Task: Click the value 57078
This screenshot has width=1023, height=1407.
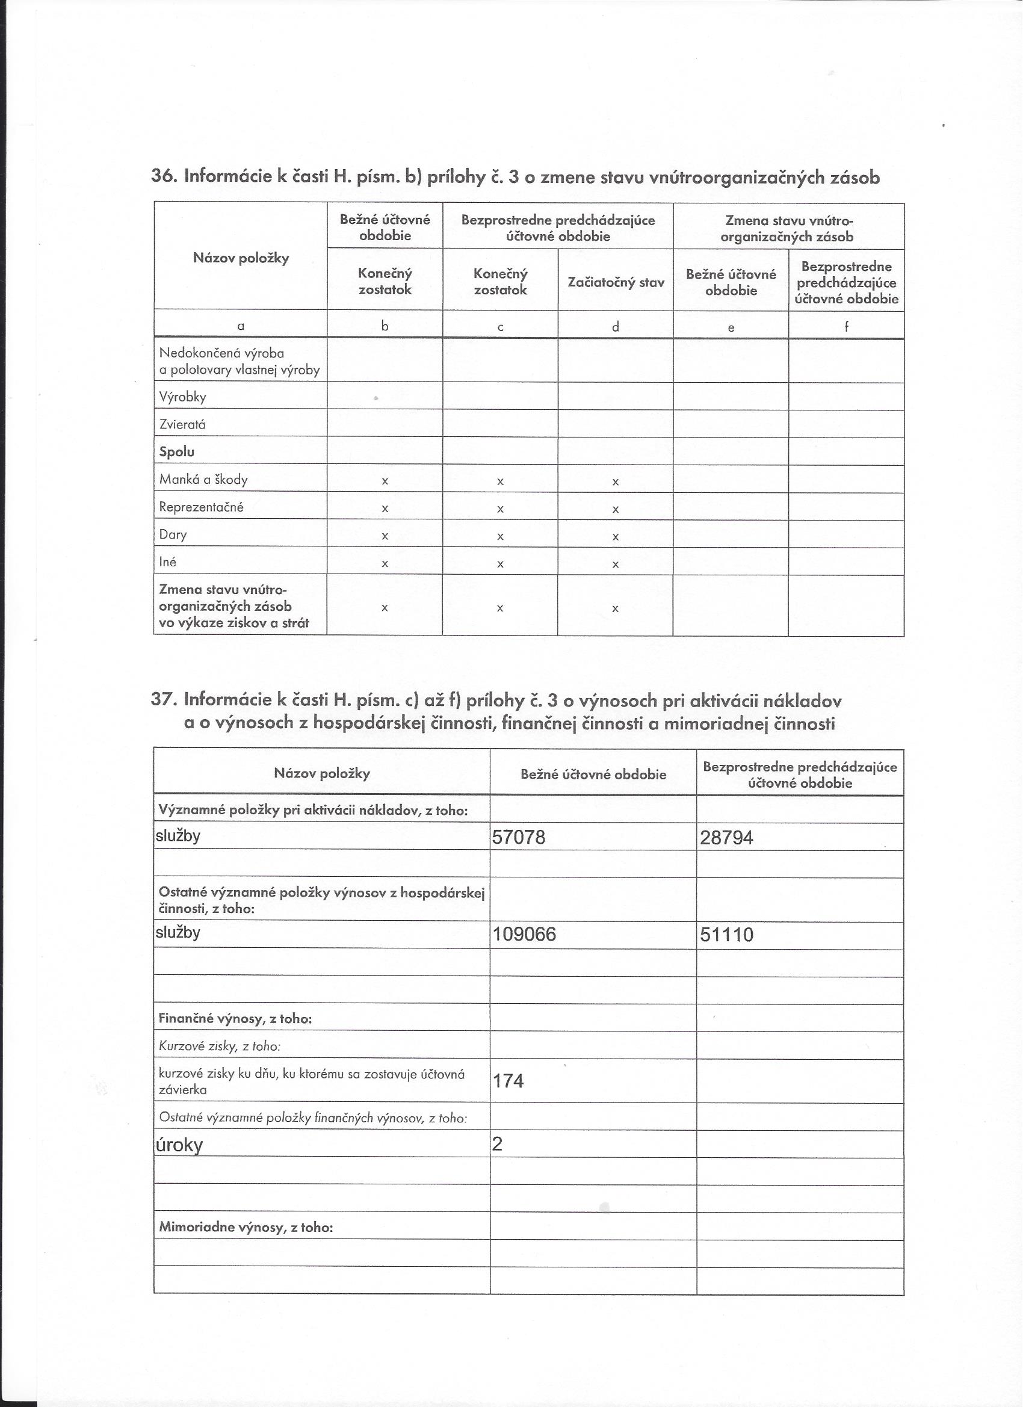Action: click(519, 838)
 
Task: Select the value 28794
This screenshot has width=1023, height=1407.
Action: click(726, 838)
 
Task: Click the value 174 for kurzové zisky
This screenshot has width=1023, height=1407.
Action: click(508, 1081)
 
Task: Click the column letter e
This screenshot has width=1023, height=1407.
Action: click(731, 327)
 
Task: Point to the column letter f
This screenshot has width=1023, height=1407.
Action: click(846, 326)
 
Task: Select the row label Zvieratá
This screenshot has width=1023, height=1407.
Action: click(182, 425)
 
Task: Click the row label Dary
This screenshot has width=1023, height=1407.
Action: click(173, 535)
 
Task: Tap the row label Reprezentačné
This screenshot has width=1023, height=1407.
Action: click(201, 507)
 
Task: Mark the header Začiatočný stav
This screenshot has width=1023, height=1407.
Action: click(616, 283)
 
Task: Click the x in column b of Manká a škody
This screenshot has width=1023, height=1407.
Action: click(385, 481)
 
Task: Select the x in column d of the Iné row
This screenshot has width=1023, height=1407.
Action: click(616, 564)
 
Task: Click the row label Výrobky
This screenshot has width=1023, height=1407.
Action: click(182, 397)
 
